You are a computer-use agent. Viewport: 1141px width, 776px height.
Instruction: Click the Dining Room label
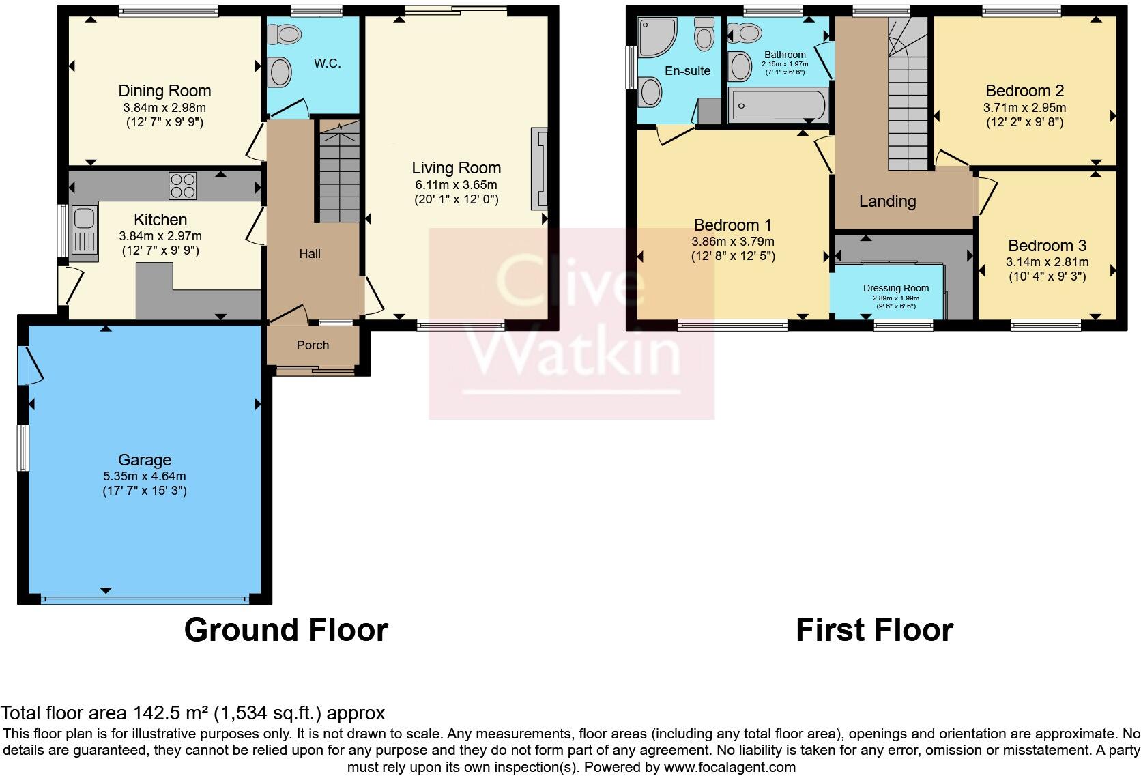pos(164,91)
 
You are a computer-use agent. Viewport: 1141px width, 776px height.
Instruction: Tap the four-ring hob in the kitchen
pos(183,185)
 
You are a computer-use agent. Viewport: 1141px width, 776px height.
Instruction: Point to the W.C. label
pos(327,63)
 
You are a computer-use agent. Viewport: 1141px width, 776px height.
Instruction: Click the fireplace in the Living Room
pos(538,169)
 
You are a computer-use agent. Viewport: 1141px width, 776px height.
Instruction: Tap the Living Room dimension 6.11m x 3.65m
pos(456,185)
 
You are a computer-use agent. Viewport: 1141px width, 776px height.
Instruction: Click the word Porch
pos(313,345)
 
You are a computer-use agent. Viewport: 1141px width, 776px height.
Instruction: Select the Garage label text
pos(144,460)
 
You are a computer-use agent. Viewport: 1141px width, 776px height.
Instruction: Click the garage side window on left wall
pos(24,447)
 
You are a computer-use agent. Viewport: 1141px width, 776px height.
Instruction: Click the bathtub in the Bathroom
pos(777,106)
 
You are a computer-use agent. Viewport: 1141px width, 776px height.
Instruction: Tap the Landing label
pos(887,201)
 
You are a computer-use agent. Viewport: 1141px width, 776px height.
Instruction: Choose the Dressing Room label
pos(895,288)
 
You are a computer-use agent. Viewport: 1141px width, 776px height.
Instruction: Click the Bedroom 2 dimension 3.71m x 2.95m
pos(1024,108)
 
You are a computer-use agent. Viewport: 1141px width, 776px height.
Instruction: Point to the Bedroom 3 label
pos(1047,246)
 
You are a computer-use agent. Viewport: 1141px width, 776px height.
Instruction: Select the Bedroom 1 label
pos(732,225)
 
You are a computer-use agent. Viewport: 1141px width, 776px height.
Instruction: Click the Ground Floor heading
pos(286,629)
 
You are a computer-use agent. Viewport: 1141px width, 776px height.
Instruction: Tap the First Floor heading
pos(874,629)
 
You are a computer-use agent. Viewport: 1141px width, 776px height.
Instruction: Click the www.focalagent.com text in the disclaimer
pos(730,766)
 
